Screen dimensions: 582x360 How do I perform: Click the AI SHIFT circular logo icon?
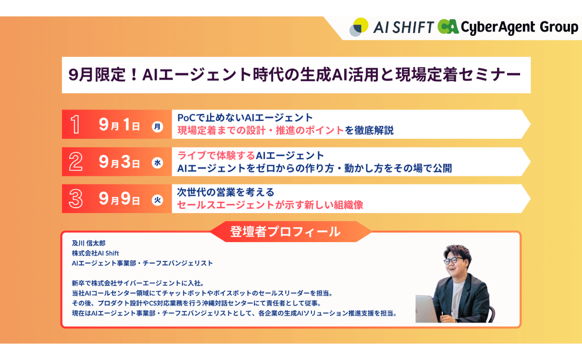point(359,27)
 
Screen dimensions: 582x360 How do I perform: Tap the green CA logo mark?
point(448,27)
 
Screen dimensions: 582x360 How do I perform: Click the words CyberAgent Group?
point(519,27)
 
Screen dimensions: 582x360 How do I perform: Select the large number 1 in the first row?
point(75,124)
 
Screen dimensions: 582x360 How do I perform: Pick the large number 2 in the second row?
point(76,162)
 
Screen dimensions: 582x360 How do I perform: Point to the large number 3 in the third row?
point(76,198)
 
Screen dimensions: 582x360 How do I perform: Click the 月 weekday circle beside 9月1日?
point(158,127)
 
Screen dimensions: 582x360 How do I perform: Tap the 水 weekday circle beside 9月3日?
point(158,163)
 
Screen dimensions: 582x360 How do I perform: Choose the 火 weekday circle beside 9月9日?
point(158,200)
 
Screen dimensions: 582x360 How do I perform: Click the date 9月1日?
point(119,125)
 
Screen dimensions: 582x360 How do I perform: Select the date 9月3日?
point(119,162)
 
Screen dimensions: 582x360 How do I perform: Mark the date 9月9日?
point(119,199)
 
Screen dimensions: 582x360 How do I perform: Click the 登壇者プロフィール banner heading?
point(285,231)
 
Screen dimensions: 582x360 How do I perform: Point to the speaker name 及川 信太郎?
point(89,243)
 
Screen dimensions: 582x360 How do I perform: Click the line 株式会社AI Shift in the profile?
point(96,253)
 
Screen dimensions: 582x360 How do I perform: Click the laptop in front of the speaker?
point(427,309)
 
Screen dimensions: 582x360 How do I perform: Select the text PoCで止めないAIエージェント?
point(245,118)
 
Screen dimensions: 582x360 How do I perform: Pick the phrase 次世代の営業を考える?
point(226,192)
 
